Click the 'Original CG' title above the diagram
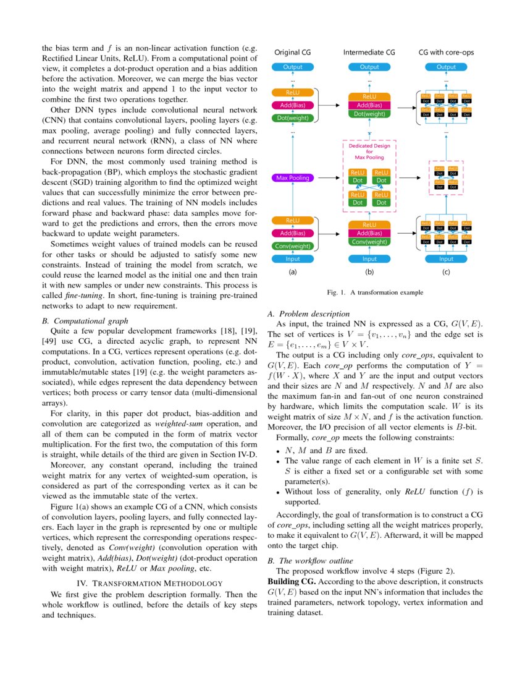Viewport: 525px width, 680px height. click(293, 53)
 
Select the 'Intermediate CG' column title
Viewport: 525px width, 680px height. click(369, 53)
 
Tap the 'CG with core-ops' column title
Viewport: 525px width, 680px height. click(446, 53)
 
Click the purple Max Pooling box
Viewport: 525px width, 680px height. click(293, 178)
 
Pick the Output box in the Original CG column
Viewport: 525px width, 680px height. click(293, 67)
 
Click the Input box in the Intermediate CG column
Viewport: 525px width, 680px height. click(369, 259)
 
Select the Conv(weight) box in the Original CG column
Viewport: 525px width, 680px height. click(293, 246)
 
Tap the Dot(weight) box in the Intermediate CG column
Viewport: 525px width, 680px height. click(369, 114)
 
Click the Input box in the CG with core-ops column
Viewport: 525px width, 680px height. click(446, 259)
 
